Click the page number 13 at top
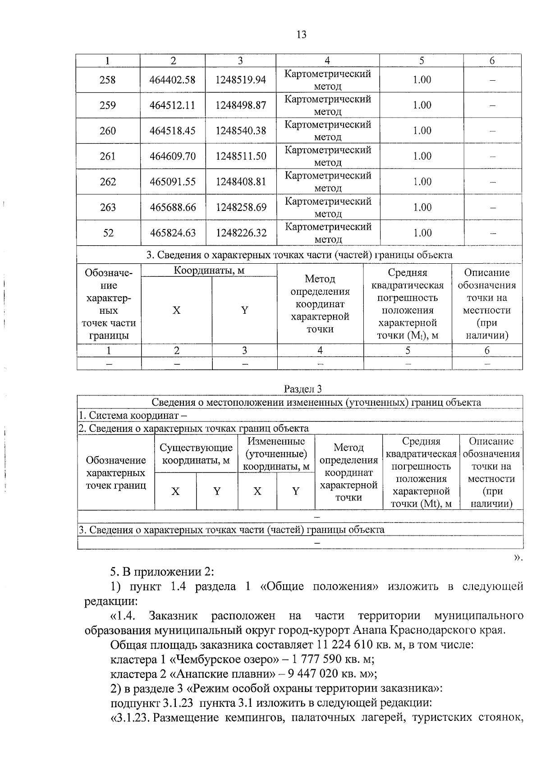pyautogui.click(x=301, y=34)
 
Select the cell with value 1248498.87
pyautogui.click(x=240, y=105)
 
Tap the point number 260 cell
pyautogui.click(x=107, y=131)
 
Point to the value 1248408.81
pyautogui.click(x=241, y=182)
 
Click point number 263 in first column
pyautogui.click(x=107, y=207)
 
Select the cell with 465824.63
pyautogui.click(x=173, y=233)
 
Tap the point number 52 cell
pyautogui.click(x=108, y=233)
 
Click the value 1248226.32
pyautogui.click(x=241, y=233)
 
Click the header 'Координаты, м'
pyautogui.click(x=209, y=270)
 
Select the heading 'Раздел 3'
pyautogui.click(x=303, y=389)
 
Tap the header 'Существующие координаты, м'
pyautogui.click(x=196, y=454)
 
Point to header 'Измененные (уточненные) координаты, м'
pyautogui.click(x=276, y=454)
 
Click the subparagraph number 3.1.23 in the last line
pyautogui.click(x=132, y=717)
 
